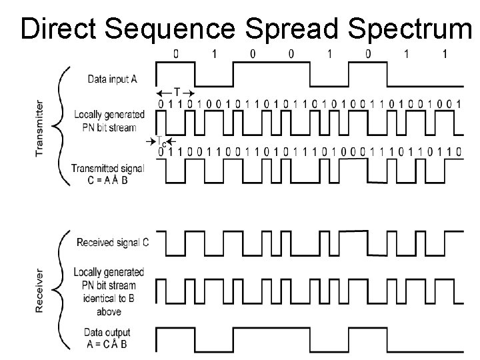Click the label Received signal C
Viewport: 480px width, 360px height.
pos(113,243)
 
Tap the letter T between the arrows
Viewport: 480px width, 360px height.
pos(176,91)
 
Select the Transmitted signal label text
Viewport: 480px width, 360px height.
pos(108,168)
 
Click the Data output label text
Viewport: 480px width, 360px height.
pos(107,333)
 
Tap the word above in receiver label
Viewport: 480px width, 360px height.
pos(109,311)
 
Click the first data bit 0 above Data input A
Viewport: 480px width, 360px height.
pos(176,54)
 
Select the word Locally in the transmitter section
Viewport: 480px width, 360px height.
pos(89,113)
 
